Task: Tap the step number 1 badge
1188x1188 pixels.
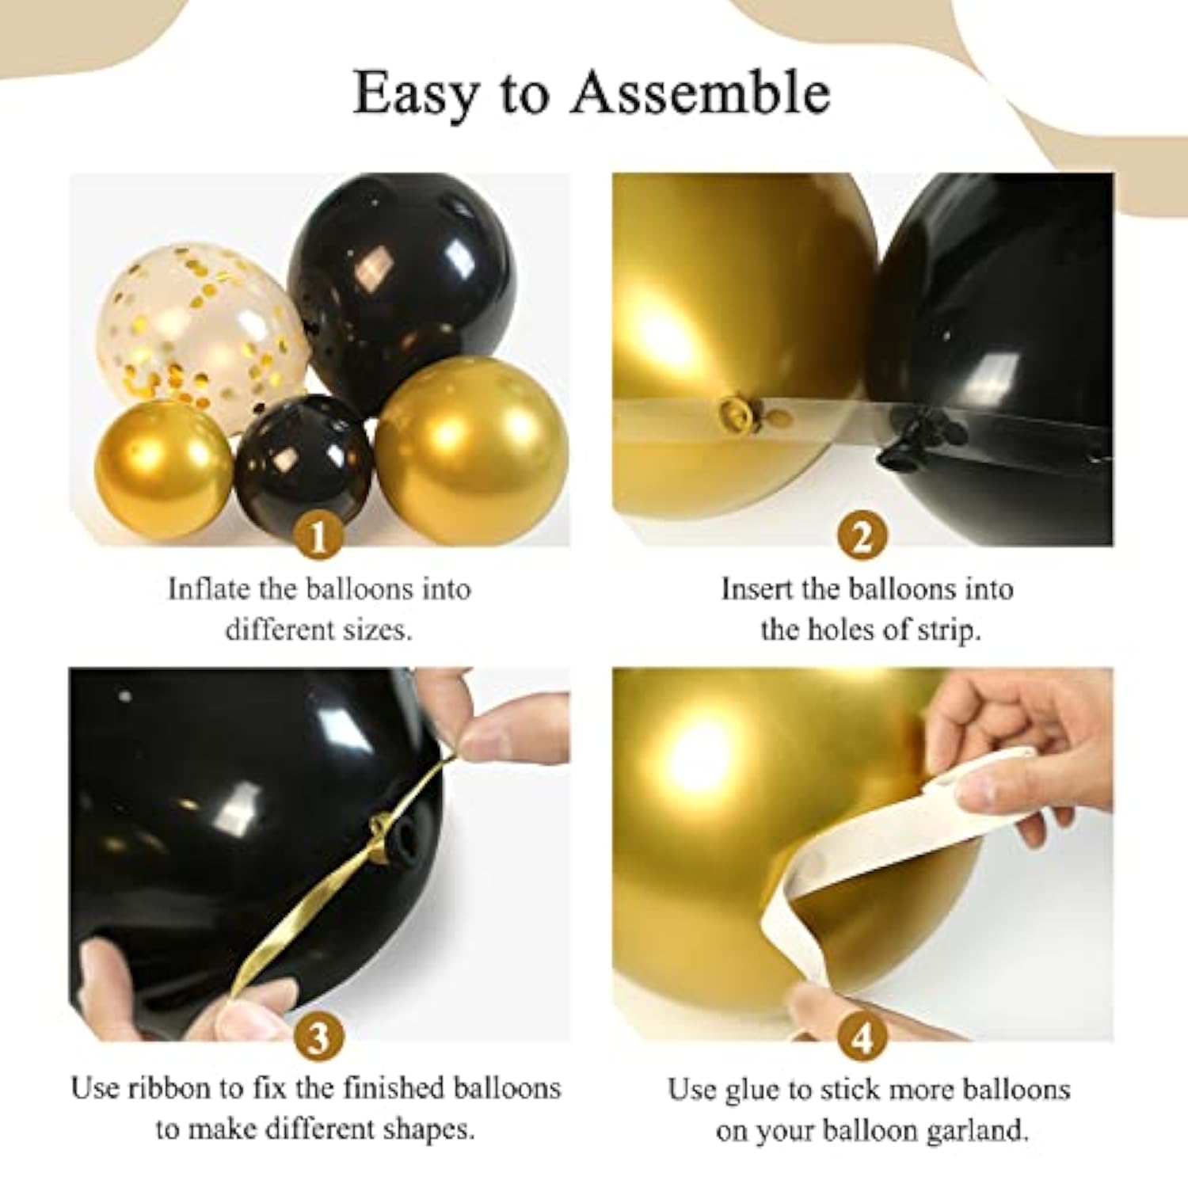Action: click(x=318, y=537)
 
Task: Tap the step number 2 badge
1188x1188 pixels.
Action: click(x=861, y=537)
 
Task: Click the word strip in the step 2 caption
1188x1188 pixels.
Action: click(x=948, y=630)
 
